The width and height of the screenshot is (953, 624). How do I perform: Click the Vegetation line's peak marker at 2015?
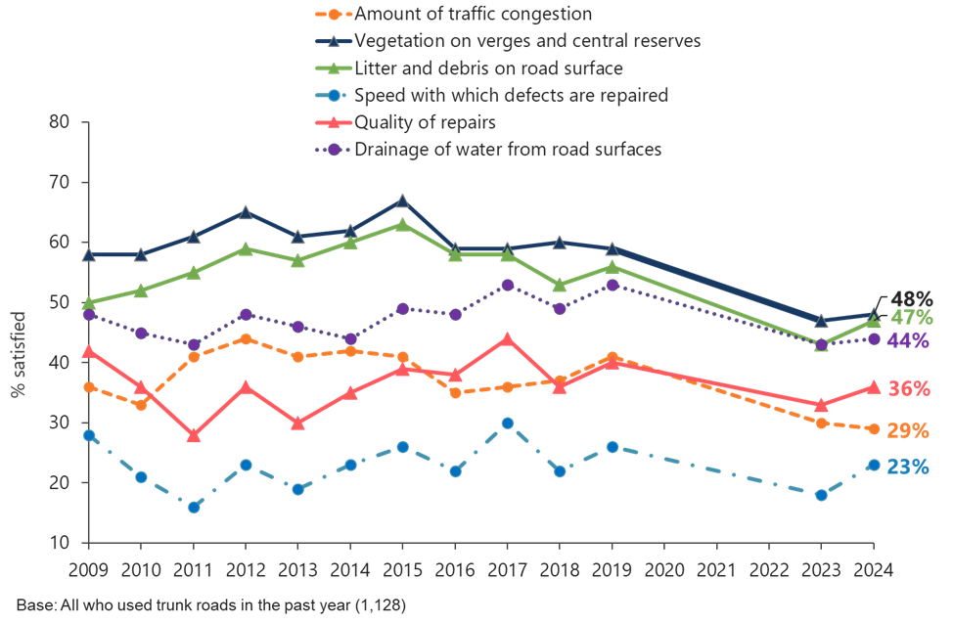(402, 201)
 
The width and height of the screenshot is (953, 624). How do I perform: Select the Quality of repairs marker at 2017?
(507, 339)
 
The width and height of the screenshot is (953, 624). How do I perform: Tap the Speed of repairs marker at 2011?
(193, 507)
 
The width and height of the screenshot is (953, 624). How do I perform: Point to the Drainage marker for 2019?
(613, 285)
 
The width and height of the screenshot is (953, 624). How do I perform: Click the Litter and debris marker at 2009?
(88, 303)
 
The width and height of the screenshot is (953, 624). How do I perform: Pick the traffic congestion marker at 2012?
(246, 339)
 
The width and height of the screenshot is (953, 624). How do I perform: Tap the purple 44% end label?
(909, 340)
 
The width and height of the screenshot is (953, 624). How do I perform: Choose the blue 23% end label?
(909, 468)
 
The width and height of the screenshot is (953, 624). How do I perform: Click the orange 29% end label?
(909, 431)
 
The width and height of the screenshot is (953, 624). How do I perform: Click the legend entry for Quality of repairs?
(426, 123)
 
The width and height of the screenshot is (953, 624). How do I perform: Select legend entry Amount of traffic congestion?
(474, 15)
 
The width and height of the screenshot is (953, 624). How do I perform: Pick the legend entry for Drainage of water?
(508, 150)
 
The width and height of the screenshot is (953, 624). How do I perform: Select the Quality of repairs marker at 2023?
(821, 405)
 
